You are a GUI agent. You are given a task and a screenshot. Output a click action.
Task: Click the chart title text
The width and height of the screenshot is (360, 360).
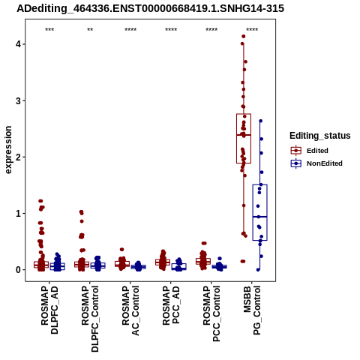(x=150, y=9)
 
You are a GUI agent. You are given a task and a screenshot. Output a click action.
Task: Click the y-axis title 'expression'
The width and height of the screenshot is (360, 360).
(x=8, y=150)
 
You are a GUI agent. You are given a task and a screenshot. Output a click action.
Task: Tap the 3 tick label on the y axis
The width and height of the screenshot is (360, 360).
(x=18, y=100)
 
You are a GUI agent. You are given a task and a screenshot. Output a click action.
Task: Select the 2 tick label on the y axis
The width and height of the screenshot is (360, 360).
(x=18, y=157)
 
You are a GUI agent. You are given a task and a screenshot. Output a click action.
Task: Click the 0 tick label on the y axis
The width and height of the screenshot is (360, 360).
(x=18, y=270)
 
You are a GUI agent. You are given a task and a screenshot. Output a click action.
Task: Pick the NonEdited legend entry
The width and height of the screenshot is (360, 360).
(x=316, y=163)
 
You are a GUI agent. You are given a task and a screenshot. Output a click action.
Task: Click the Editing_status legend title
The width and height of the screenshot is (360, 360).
(x=320, y=136)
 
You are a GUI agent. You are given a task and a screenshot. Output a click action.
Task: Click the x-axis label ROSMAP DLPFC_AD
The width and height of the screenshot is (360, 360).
(x=49, y=310)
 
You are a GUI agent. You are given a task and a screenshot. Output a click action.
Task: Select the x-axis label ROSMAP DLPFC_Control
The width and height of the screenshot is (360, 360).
(x=90, y=319)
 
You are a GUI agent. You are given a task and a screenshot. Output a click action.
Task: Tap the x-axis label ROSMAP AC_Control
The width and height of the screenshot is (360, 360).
(x=130, y=310)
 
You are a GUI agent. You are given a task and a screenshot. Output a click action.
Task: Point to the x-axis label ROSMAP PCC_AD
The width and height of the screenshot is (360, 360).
(x=171, y=306)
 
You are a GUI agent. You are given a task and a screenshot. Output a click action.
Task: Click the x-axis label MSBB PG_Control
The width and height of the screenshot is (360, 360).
(x=252, y=310)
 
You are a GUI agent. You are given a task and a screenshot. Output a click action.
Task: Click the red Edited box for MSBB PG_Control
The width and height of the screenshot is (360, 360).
(x=244, y=139)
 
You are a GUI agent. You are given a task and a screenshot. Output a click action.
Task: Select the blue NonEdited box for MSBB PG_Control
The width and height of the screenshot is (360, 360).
(x=260, y=212)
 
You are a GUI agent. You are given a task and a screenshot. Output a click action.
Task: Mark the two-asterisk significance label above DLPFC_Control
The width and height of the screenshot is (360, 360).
(x=90, y=30)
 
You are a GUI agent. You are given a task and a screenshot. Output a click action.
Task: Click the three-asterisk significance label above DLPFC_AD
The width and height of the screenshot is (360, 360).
(x=49, y=30)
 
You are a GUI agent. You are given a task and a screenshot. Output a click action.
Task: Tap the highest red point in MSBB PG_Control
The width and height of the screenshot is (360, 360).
(x=243, y=37)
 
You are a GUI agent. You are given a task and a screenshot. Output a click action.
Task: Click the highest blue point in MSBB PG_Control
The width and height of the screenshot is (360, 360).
(x=260, y=121)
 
